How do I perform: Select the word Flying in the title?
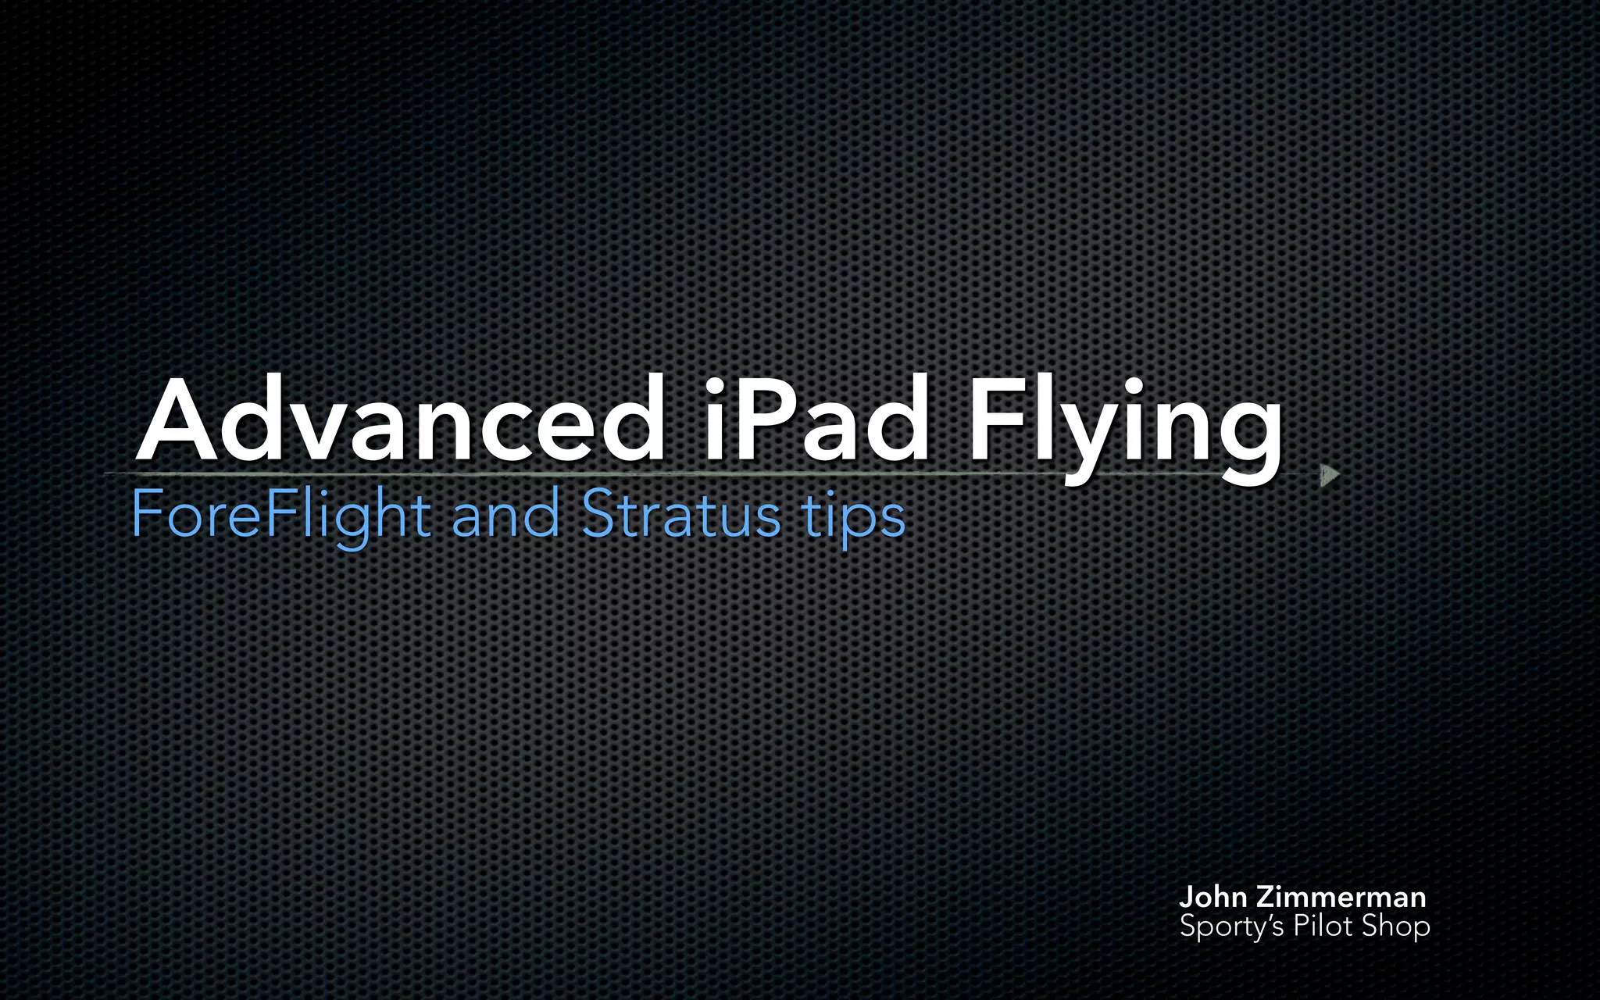point(1125,426)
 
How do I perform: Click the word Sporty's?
point(1232,927)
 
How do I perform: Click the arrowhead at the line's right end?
point(1329,474)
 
